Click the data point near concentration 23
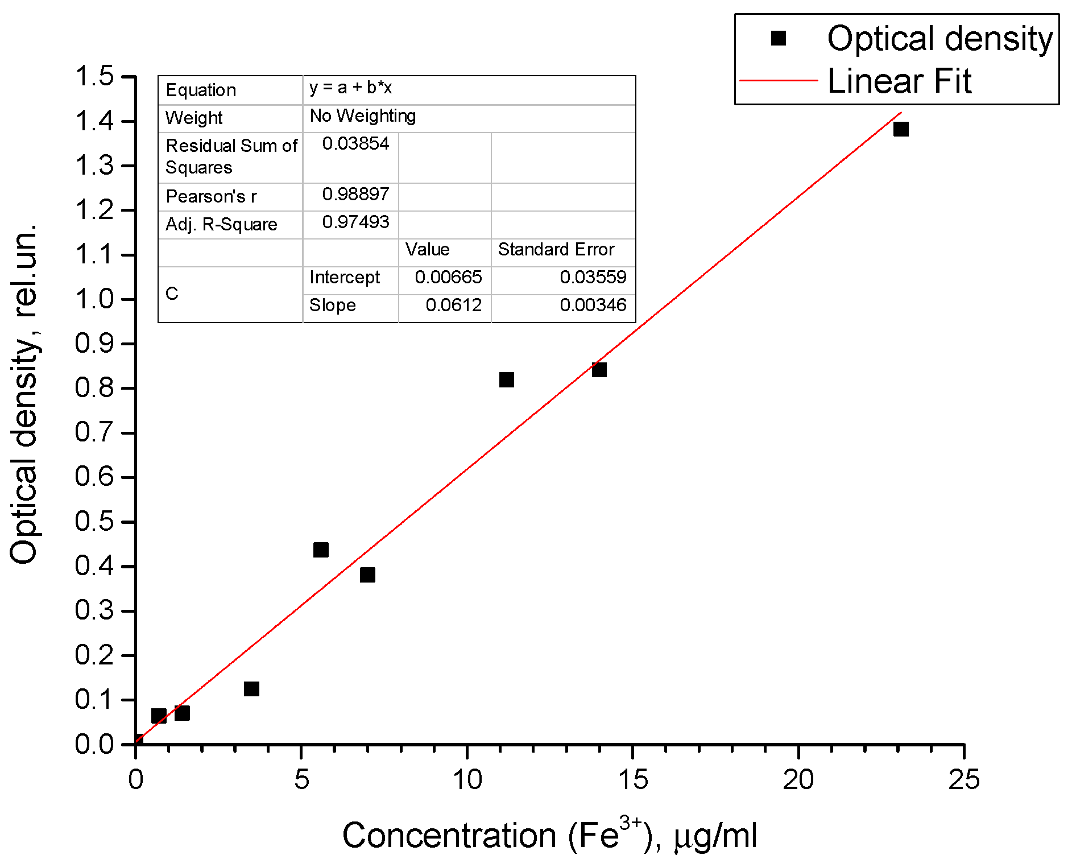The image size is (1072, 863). pos(900,129)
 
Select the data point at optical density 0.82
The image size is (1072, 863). pos(506,379)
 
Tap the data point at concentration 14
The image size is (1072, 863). pos(599,370)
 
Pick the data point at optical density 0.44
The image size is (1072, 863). pos(321,550)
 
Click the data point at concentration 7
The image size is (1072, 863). pos(367,575)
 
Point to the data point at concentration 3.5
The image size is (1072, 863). pos(251,689)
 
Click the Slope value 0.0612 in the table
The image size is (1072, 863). pos(453,305)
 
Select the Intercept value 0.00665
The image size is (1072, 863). pos(448,278)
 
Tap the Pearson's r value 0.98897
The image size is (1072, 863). pos(355,195)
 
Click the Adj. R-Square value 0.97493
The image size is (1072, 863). pos(355,222)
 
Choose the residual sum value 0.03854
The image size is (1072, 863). pos(355,144)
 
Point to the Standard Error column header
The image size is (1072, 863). pos(556,250)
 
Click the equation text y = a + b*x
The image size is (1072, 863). pos(350,88)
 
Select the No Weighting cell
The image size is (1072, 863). pos(363,116)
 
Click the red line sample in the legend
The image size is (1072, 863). pos(778,81)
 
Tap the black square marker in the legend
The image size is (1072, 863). pos(778,38)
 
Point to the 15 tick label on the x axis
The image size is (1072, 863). pos(632,779)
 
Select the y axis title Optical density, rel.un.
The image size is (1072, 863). pos(24,393)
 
